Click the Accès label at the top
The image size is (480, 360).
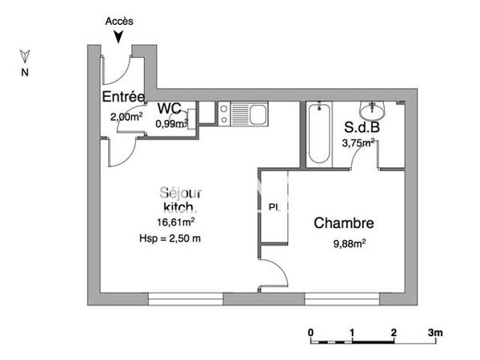coord(119,22)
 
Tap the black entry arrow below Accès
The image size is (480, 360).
coord(119,35)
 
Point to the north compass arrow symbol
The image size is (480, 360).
coord(25,57)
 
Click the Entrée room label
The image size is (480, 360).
coord(122,97)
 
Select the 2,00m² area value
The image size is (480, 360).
coord(126,117)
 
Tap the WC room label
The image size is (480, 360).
coord(168,109)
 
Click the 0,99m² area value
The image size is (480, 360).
coord(171,124)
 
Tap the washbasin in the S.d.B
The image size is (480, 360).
coord(373,109)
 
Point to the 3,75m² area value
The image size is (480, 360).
coord(358,144)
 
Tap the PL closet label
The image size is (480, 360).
coord(274,207)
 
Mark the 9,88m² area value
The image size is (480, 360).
coord(350,243)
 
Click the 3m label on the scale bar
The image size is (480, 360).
coord(435,332)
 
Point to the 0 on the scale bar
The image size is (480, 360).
coord(310,332)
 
